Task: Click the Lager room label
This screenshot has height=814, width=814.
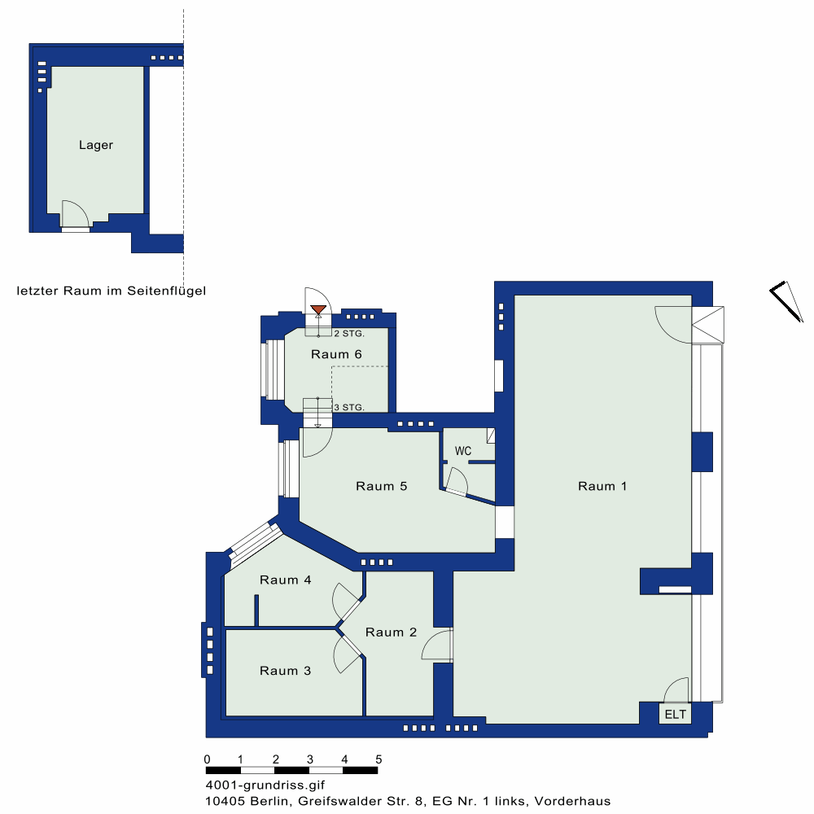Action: point(96,145)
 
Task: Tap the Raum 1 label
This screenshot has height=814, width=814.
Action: point(602,486)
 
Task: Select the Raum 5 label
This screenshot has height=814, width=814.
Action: point(382,486)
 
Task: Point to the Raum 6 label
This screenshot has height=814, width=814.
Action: point(336,354)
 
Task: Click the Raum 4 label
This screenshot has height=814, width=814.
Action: point(286,580)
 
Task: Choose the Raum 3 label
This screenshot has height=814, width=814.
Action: point(286,671)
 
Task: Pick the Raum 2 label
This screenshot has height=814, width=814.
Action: point(391,632)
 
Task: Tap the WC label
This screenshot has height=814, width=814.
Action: point(463,451)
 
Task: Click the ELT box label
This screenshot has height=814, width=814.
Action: point(675,715)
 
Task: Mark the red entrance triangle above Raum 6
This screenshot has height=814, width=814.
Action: point(318,310)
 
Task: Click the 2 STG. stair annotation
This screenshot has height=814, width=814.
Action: point(349,333)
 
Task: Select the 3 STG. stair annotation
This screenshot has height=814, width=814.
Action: point(349,408)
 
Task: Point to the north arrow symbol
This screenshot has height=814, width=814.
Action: point(787,301)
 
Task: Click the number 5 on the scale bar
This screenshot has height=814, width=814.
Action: point(379,759)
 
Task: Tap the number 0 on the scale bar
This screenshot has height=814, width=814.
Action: point(207,759)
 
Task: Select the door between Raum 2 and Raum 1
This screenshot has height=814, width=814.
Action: point(437,645)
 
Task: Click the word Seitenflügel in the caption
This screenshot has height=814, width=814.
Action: point(167,291)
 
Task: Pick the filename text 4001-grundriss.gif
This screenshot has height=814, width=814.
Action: point(265,785)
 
